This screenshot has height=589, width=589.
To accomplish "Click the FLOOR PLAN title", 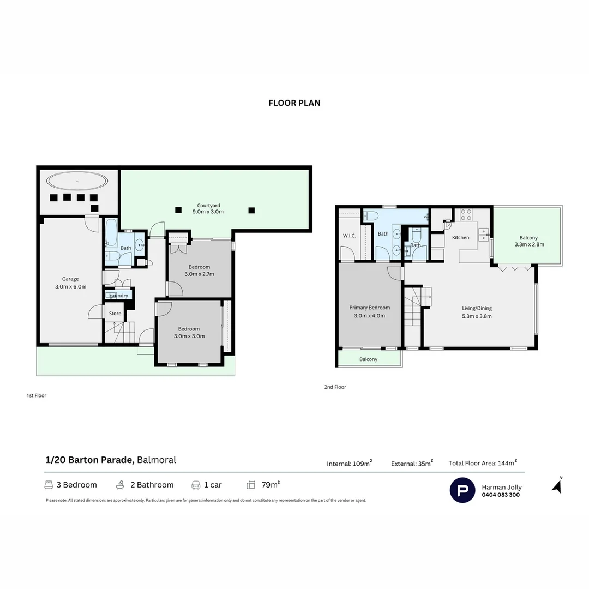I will coord(294,103).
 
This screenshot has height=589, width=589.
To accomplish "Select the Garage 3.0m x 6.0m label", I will coord(70,283).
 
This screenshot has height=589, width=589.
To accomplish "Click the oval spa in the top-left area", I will coord(76,181).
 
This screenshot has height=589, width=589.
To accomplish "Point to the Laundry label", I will coord(118,296).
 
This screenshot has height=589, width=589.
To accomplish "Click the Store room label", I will coord(115,314).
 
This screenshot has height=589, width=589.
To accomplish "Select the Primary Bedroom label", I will coord(369,311).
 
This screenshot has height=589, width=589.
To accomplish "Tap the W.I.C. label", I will coord(350,236).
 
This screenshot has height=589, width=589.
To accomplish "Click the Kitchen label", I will coord(460,238).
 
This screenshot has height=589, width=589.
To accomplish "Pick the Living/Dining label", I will coord(477,312).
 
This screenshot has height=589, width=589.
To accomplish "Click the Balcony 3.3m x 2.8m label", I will coord(528,241).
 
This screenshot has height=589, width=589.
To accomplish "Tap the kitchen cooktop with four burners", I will coord(466,214).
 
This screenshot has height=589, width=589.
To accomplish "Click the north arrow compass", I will coord(557,485).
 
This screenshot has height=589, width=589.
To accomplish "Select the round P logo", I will coord(462,490).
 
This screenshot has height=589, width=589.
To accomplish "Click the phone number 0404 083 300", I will coord(501,495).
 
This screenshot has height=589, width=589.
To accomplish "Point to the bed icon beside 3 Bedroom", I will coord(49,485).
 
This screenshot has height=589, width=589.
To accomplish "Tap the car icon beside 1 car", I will coord(196,485).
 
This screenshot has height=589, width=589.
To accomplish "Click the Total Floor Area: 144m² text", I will coord(482,463).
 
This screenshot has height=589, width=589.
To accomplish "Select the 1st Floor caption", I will coord(37,395).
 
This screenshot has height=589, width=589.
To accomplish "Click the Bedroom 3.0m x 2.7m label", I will coord(199,271).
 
